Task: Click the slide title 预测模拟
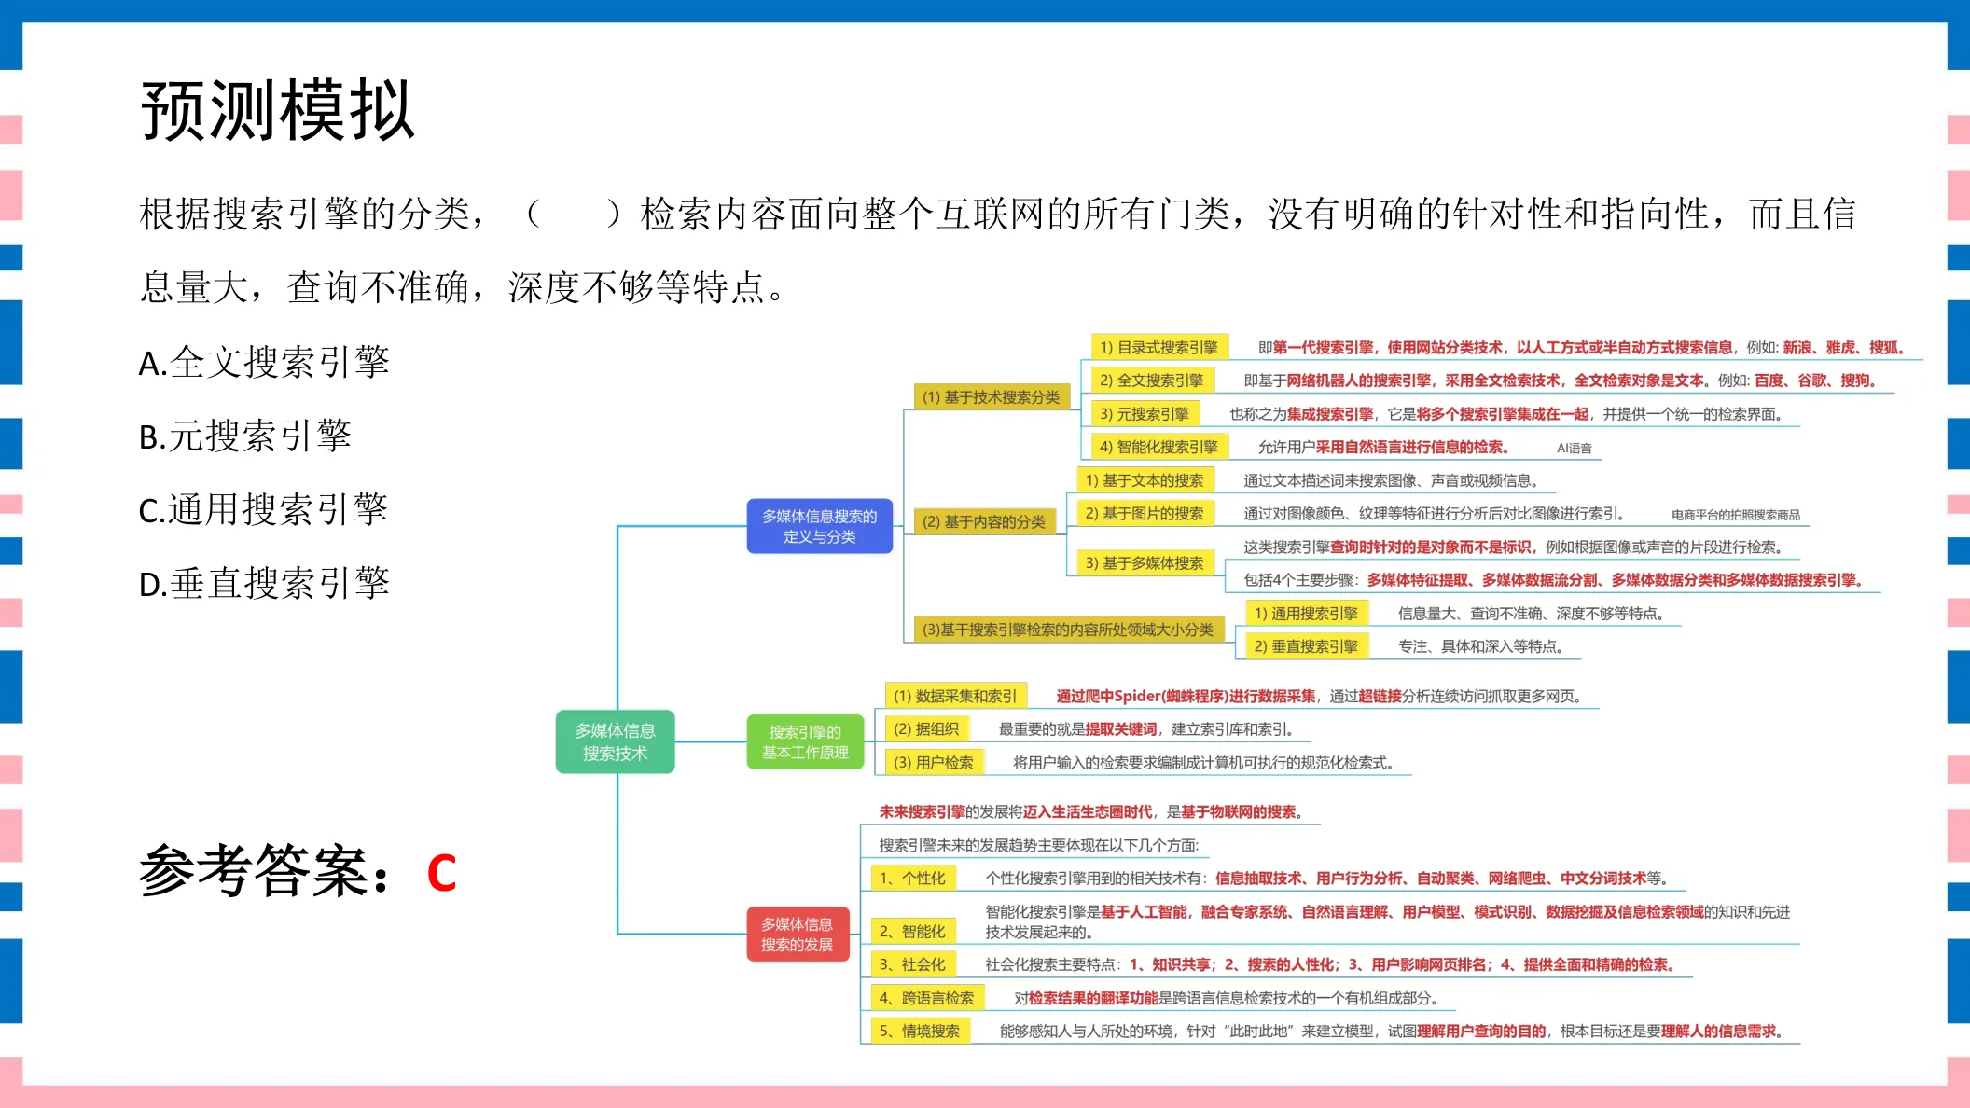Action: pyautogui.click(x=277, y=111)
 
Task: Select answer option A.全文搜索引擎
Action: pyautogui.click(x=264, y=362)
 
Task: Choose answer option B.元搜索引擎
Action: pyautogui.click(x=245, y=436)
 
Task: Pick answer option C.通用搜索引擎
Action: pyautogui.click(x=263, y=509)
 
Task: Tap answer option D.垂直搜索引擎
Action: pyautogui.click(x=264, y=583)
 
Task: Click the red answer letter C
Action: pyautogui.click(x=441, y=874)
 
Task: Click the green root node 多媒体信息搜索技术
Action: pyautogui.click(x=615, y=742)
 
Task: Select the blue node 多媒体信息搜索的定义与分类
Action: pyautogui.click(x=820, y=526)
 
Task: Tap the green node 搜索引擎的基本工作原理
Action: pyautogui.click(x=805, y=742)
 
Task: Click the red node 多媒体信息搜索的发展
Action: pyautogui.click(x=798, y=935)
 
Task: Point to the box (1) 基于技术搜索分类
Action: pyautogui.click(x=992, y=397)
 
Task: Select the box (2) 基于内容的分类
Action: pyautogui.click(x=984, y=522)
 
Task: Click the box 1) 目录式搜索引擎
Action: pyautogui.click(x=1159, y=348)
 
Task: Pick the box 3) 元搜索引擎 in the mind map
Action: pyautogui.click(x=1145, y=414)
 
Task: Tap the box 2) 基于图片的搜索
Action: pyautogui.click(x=1145, y=514)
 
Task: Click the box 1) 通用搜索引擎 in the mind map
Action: pyautogui.click(x=1306, y=614)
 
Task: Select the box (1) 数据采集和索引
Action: pyautogui.click(x=955, y=696)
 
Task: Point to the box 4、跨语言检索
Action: pyautogui.click(x=927, y=998)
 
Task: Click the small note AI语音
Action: pyautogui.click(x=1575, y=449)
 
